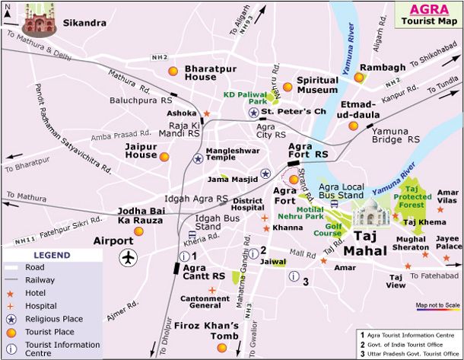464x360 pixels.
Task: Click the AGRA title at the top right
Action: coord(427,9)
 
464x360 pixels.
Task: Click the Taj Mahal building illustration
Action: coord(372,215)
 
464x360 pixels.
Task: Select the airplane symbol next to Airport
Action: coord(128,258)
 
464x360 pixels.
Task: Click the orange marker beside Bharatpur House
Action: coord(173,72)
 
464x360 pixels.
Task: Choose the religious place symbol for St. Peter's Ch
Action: coord(253,113)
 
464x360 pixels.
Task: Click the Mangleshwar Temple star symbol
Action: coord(198,158)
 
